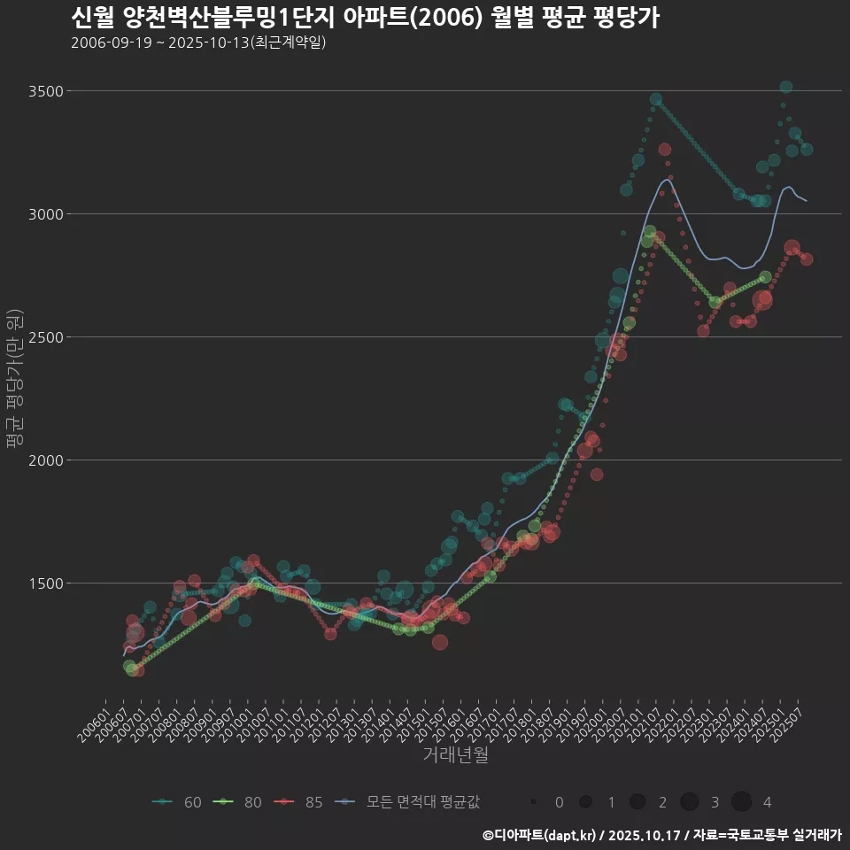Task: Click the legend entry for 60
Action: coord(177,802)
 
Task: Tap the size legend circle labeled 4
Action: coord(742,802)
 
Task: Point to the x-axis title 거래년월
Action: coord(455,755)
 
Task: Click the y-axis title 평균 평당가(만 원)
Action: coord(14,381)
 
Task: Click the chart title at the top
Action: coord(364,18)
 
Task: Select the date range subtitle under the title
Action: coord(198,42)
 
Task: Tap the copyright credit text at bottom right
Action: coord(661,835)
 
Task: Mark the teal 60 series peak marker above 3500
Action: coord(785,87)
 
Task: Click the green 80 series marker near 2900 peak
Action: coord(650,232)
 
